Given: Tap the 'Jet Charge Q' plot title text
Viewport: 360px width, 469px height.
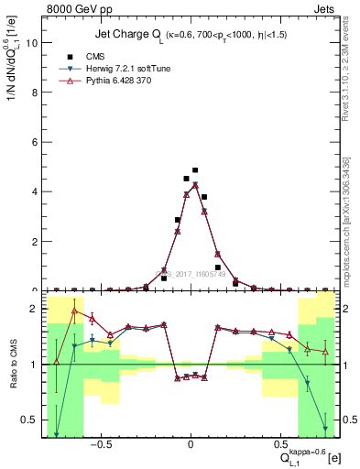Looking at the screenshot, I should [135, 35].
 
